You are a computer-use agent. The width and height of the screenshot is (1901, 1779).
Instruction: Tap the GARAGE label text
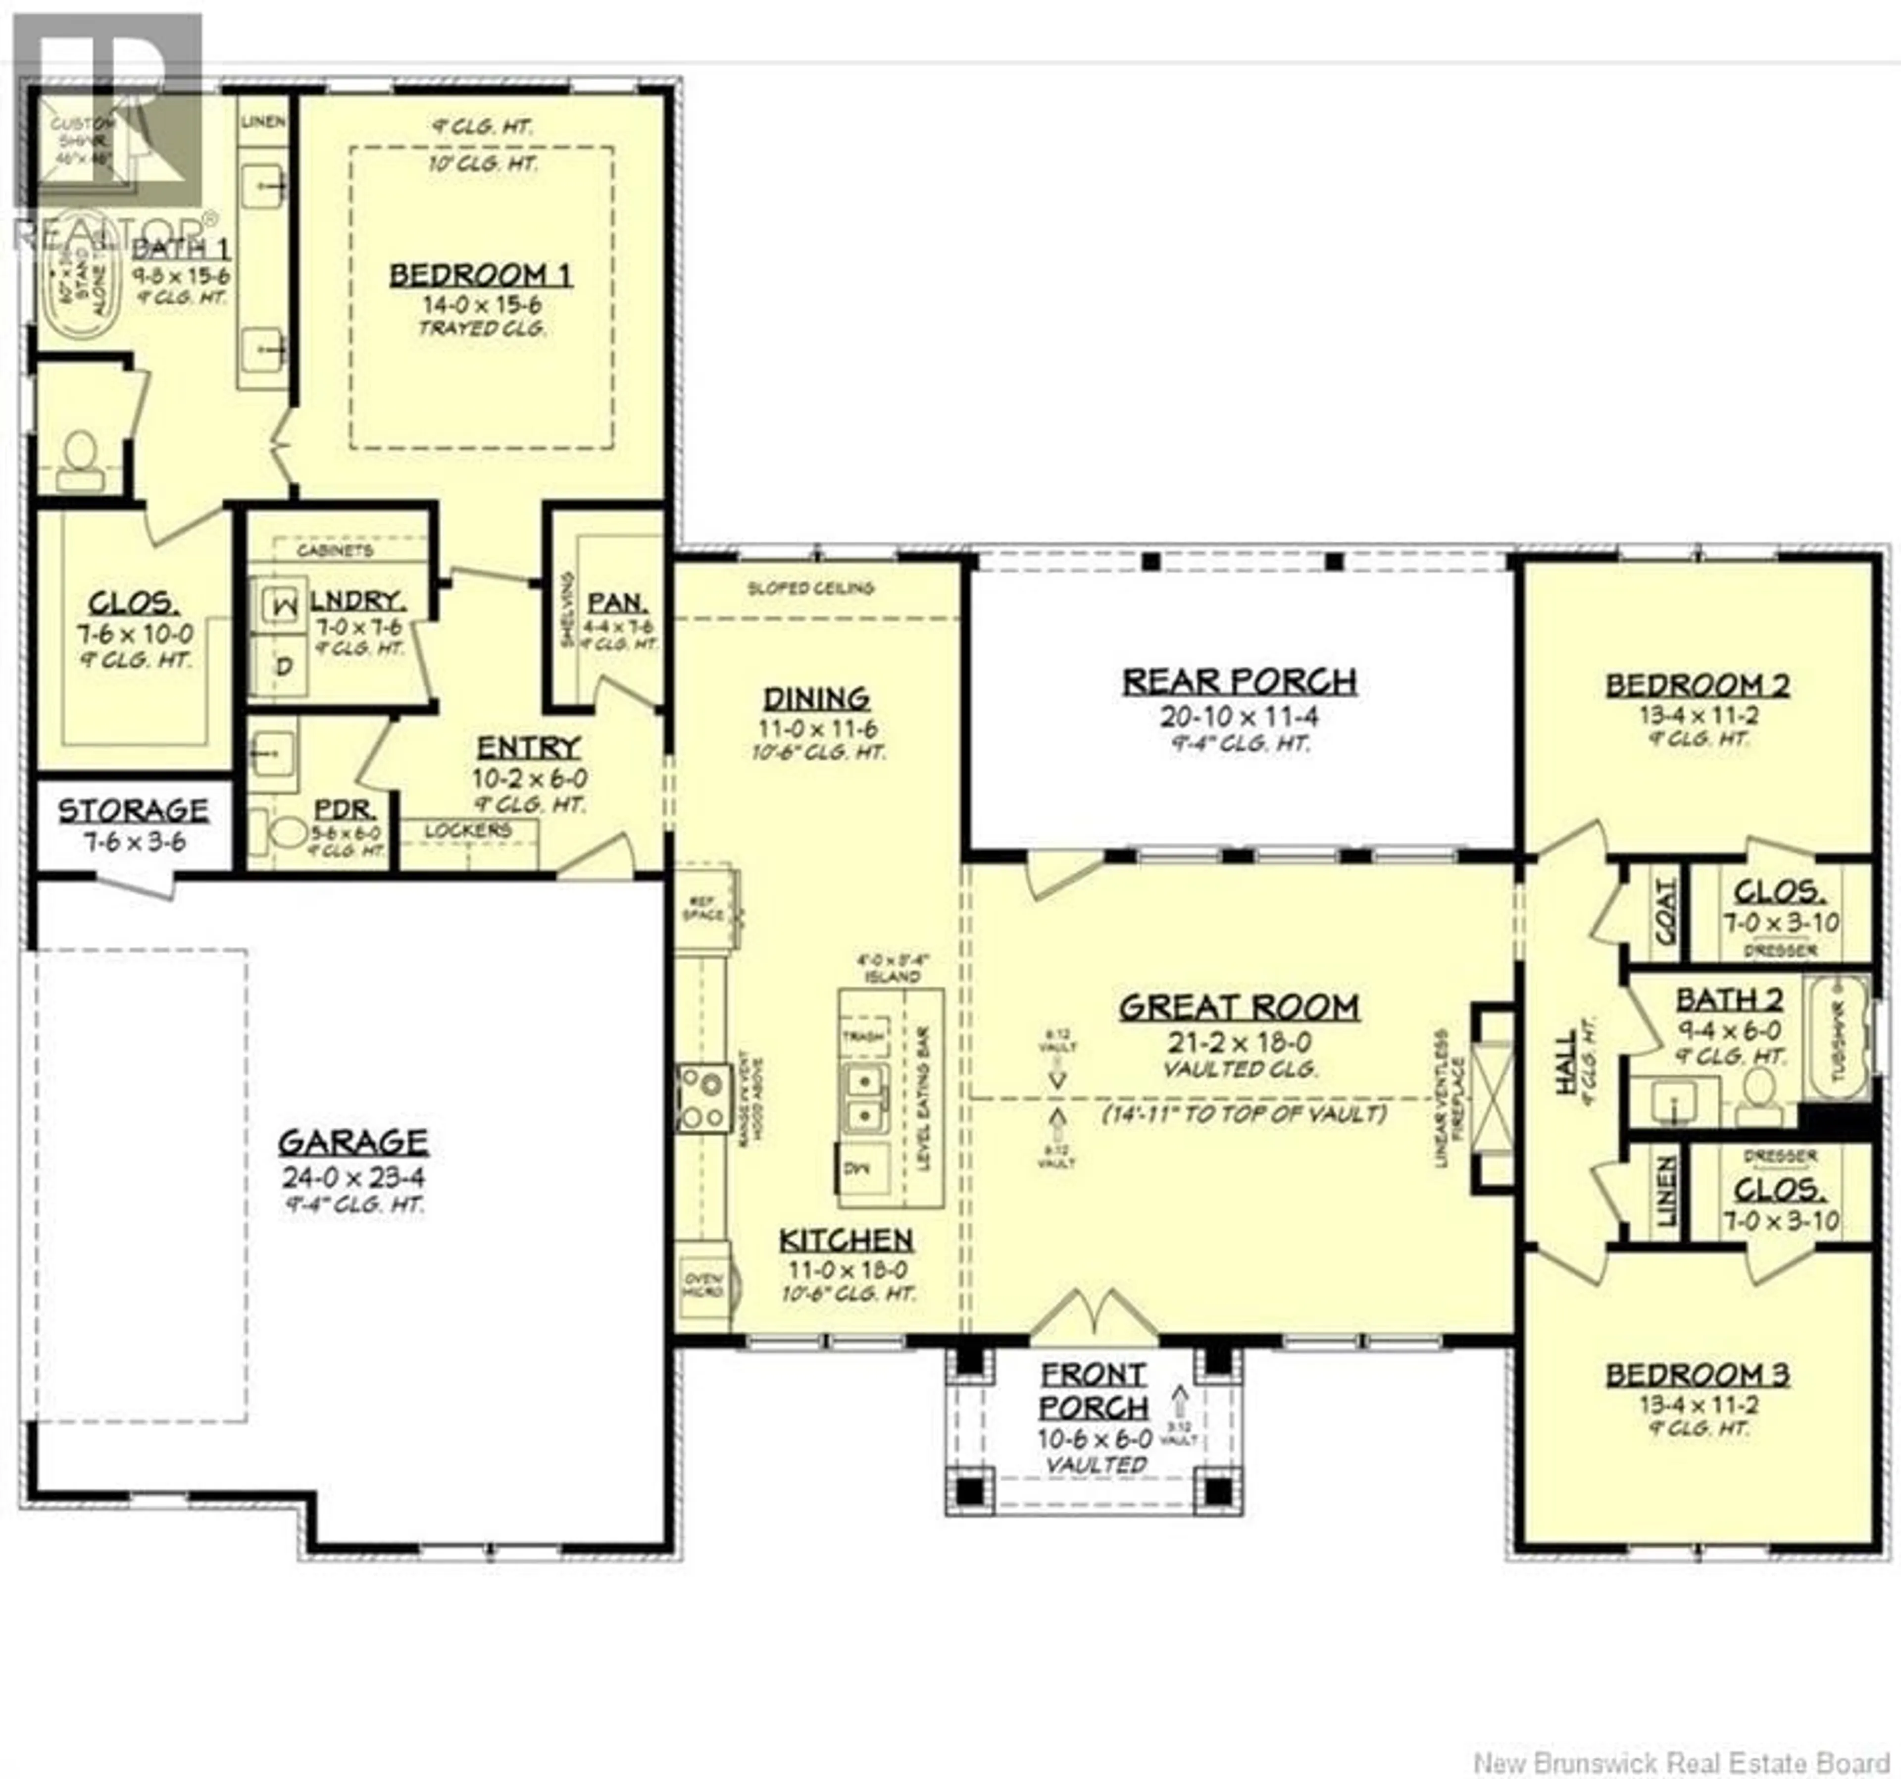pyautogui.click(x=353, y=1142)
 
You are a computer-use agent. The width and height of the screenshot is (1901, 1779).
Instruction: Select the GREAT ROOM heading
pyautogui.click(x=1239, y=1007)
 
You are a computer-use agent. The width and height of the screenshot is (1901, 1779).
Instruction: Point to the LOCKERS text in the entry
pyautogui.click(x=468, y=830)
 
